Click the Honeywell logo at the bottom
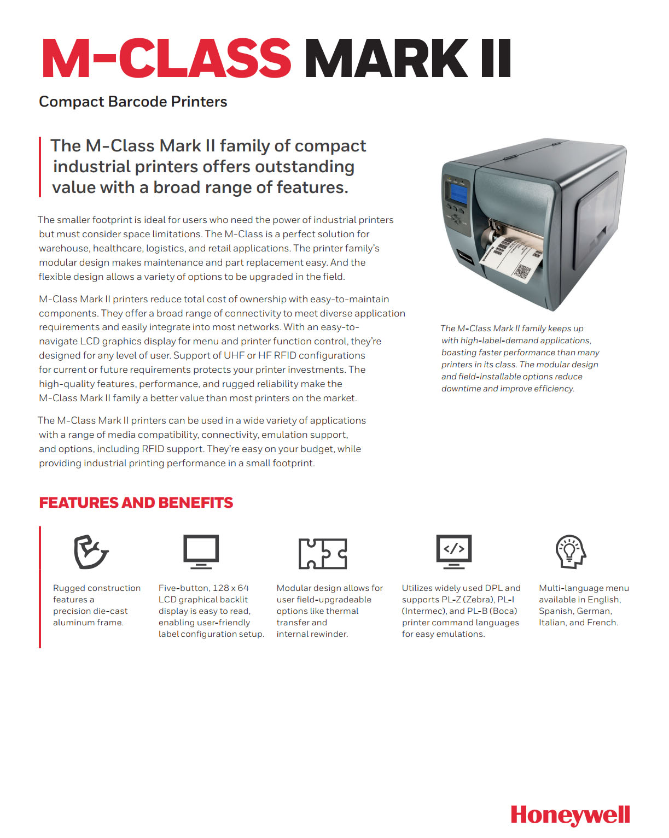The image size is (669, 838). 570,815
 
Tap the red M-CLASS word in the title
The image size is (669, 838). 166,58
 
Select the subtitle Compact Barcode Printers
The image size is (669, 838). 133,102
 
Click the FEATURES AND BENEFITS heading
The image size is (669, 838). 136,503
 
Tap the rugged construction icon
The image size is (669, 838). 91,552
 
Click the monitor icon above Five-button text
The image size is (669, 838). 201,552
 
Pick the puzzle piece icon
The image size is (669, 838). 323,553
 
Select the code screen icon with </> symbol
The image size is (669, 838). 453,551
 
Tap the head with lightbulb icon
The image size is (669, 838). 571,552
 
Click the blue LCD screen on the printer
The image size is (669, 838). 458,192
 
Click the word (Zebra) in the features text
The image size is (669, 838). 478,600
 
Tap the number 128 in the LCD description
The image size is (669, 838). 220,588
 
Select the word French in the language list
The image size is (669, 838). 602,623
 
